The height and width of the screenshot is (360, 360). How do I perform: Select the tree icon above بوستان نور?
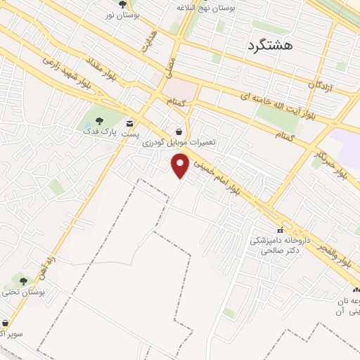(124, 4)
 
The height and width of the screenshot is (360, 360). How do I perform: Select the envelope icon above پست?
(129, 123)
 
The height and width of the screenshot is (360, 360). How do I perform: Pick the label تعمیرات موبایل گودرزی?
(179, 142)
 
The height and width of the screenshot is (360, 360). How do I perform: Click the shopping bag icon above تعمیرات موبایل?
(179, 131)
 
